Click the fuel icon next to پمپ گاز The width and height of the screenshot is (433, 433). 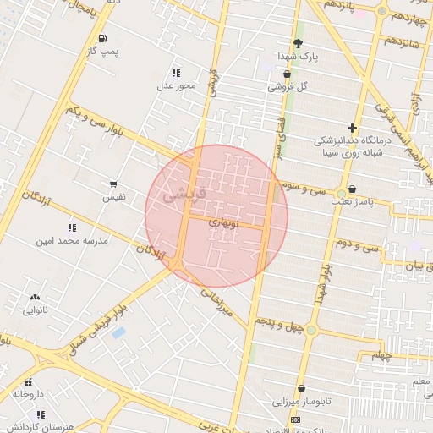102,38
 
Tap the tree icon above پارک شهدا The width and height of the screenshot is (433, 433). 298,43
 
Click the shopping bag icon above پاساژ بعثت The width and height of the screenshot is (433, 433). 352,189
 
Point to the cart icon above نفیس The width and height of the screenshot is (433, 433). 113,184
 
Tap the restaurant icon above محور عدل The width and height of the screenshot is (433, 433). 176,73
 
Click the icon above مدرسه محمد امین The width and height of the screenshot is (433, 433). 72,227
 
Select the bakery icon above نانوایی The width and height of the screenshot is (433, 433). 35,298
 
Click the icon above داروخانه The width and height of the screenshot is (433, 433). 27,381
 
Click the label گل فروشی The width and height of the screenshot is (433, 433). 288,86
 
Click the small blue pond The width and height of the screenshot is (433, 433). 118,332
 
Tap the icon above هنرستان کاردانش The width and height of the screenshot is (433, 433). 40,414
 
